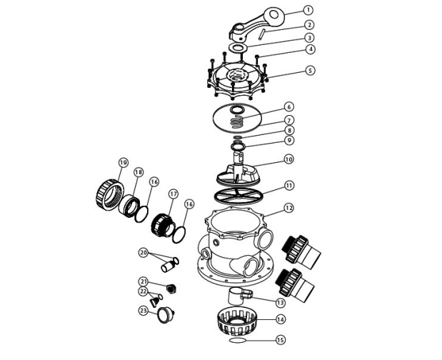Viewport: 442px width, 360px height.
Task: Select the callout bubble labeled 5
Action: click(289, 71)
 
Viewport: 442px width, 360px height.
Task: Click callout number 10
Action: click(288, 159)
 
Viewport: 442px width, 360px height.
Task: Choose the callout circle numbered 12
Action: click(288, 209)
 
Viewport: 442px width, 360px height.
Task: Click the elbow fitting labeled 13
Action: click(238, 296)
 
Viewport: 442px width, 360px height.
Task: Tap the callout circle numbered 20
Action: click(143, 252)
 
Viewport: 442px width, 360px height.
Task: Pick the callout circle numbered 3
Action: click(288, 37)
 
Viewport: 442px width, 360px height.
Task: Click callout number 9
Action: click(288, 141)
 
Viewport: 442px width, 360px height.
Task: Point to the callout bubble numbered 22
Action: click(143, 291)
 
